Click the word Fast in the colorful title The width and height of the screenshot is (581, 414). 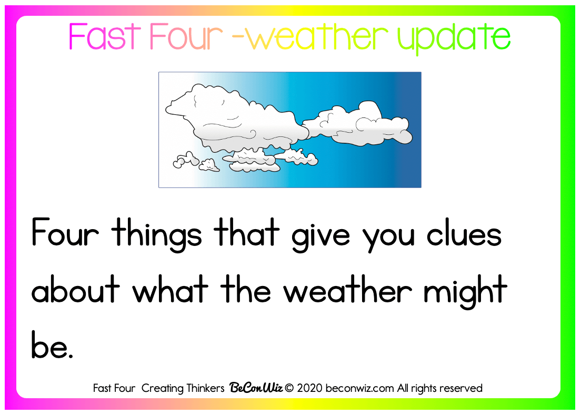[105, 36]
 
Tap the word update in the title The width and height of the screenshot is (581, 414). [454, 39]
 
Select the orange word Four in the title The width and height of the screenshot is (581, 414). [186, 36]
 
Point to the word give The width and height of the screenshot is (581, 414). [320, 236]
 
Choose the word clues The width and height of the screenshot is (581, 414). [464, 233]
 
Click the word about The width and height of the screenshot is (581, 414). [76, 289]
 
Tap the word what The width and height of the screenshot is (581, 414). [171, 289]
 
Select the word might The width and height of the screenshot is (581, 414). [465, 292]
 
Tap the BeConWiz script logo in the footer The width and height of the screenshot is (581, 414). [256, 388]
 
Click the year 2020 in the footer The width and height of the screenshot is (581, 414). [310, 388]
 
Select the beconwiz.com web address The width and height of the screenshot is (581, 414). [360, 388]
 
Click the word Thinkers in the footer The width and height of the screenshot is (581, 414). [205, 388]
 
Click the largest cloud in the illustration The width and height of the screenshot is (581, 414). [237, 119]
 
